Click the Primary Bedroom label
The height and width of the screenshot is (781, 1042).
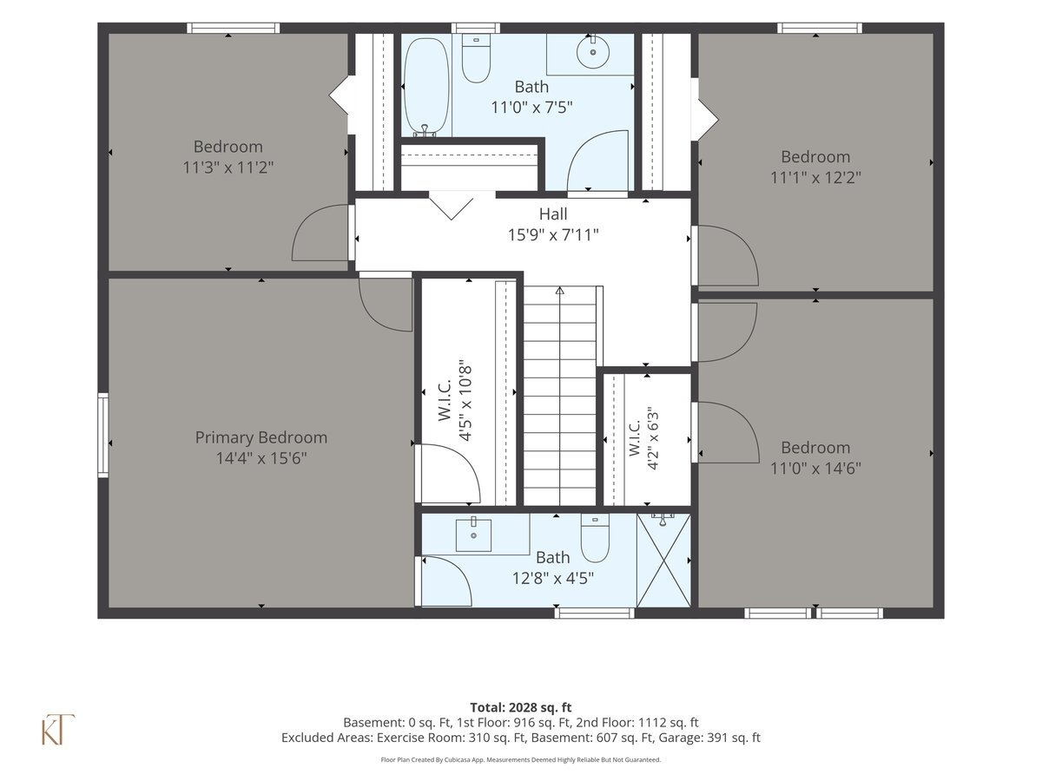(261, 437)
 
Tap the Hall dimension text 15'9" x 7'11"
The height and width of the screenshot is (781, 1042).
(553, 234)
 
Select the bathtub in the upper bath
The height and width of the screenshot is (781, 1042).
(425, 88)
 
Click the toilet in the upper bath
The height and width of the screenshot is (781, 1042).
(476, 59)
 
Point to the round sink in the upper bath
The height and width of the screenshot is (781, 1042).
(592, 52)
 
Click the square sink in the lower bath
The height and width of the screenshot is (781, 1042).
(473, 535)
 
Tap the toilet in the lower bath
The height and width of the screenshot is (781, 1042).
(595, 538)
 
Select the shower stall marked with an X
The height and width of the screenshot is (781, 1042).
(663, 561)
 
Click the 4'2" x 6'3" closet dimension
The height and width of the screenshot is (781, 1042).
(653, 438)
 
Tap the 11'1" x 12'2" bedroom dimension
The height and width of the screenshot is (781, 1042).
(815, 178)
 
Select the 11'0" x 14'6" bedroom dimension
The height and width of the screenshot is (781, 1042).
(815, 469)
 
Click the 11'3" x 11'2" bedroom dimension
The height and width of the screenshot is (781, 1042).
(228, 167)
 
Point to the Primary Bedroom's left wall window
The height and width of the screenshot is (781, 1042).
(103, 435)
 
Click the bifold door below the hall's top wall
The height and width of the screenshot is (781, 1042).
(451, 206)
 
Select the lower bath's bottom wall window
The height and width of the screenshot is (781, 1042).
(594, 614)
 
